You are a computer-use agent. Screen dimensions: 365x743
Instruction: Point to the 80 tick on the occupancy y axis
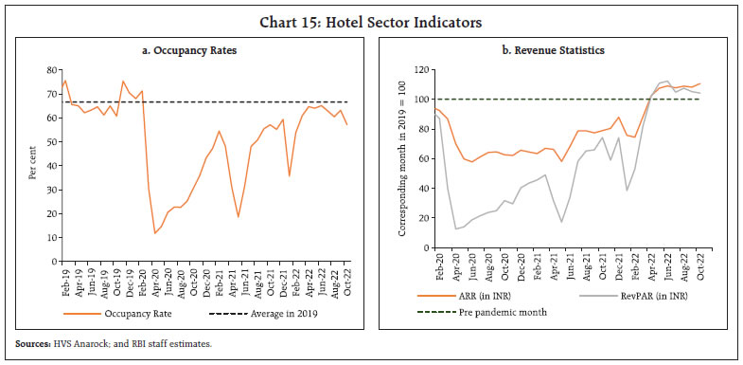(52, 70)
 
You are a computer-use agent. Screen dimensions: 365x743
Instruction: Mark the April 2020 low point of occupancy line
(154, 232)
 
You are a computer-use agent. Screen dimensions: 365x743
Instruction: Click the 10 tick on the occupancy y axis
(52, 235)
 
